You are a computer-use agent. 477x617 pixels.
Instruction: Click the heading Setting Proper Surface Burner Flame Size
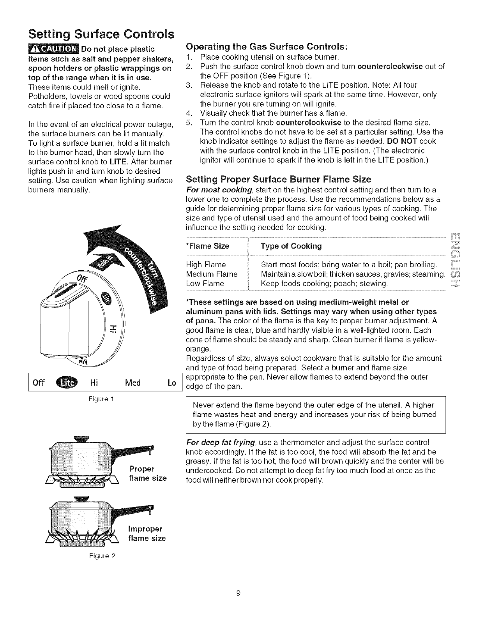click(278, 179)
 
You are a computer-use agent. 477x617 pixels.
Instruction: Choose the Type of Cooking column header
click(291, 246)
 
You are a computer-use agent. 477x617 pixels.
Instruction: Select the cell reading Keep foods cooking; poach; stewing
click(324, 283)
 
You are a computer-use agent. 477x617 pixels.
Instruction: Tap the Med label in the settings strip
click(133, 383)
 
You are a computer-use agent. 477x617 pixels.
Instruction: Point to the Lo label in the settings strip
click(172, 383)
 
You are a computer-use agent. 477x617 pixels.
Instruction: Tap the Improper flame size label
click(147, 534)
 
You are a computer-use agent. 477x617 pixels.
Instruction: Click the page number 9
click(238, 593)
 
